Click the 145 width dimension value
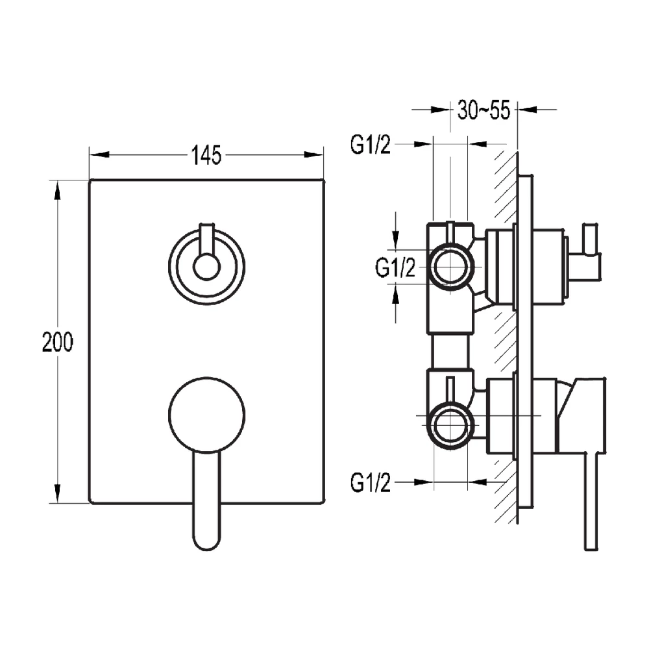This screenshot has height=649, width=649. pyautogui.click(x=206, y=155)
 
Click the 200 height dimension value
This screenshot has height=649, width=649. pyautogui.click(x=58, y=341)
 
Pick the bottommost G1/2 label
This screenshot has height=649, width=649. pyautogui.click(x=371, y=483)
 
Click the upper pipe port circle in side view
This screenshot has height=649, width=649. pyautogui.click(x=450, y=266)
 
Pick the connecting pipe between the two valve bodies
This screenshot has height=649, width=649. pyautogui.click(x=450, y=351)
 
